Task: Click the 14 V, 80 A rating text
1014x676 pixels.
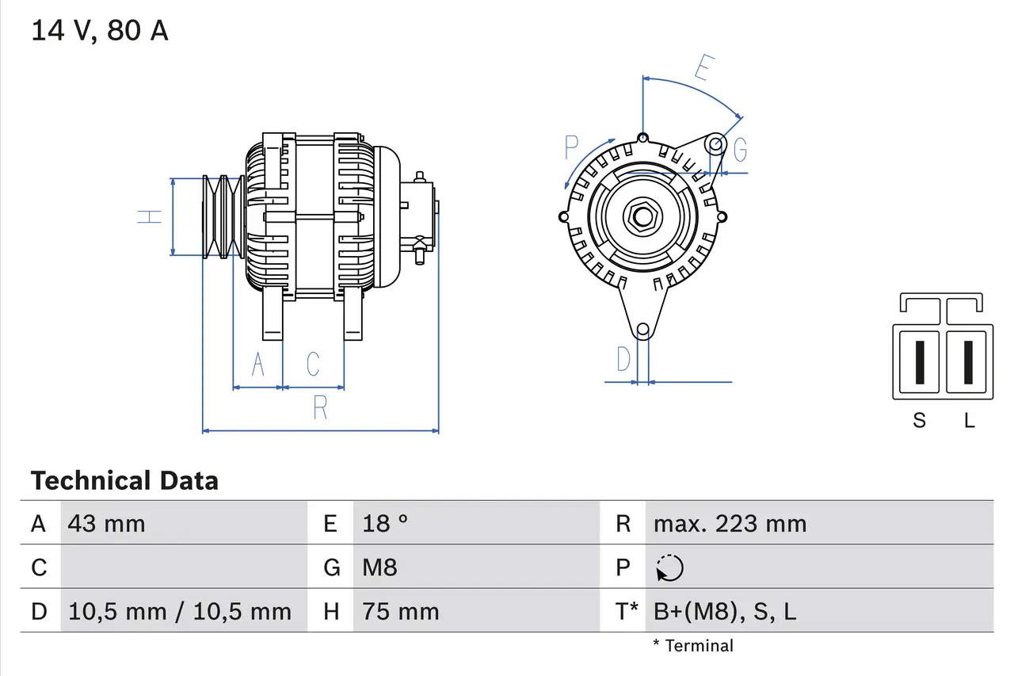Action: point(100,31)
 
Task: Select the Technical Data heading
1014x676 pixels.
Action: point(124,481)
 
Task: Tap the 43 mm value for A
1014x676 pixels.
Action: point(107,523)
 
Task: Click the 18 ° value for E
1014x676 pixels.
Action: point(385,523)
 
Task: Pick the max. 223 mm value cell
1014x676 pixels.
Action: point(730,523)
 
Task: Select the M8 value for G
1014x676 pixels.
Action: point(379,567)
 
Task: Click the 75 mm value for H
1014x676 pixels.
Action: point(400,611)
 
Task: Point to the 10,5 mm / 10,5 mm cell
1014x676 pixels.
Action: point(180,611)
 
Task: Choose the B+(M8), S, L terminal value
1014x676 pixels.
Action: point(725,611)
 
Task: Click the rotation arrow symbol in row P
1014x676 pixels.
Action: point(670,567)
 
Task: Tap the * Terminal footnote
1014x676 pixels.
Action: point(693,646)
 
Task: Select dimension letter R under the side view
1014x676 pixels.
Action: point(320,407)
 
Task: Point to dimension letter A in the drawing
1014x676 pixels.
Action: point(257,365)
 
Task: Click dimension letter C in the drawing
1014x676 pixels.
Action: point(313,365)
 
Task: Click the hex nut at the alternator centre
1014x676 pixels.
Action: point(642,216)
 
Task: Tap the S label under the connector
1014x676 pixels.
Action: point(919,421)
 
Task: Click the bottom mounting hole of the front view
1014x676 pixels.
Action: point(643,329)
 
